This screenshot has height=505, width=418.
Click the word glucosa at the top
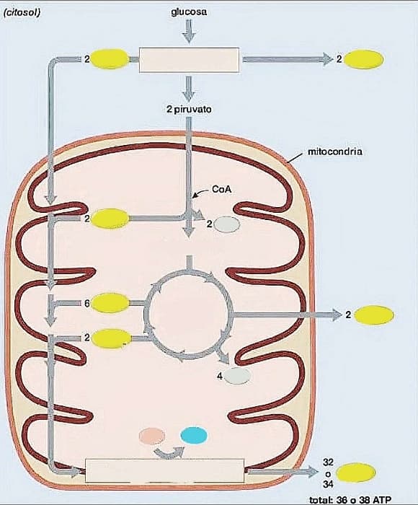pyautogui.click(x=189, y=12)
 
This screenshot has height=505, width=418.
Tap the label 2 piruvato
pyautogui.click(x=190, y=110)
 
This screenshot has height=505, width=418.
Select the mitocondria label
pyautogui.click(x=335, y=151)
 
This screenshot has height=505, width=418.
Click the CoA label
pyautogui.click(x=222, y=189)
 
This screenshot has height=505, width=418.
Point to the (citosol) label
pyautogui.click(x=22, y=13)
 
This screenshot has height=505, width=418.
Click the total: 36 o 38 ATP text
pyautogui.click(x=350, y=500)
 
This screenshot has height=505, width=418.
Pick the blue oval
pyautogui.click(x=194, y=435)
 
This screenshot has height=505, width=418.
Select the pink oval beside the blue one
pyautogui.click(x=152, y=436)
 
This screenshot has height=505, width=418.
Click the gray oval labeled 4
pyautogui.click(x=238, y=376)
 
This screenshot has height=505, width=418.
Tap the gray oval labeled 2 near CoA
pyautogui.click(x=227, y=224)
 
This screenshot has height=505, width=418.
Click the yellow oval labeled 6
pyautogui.click(x=110, y=303)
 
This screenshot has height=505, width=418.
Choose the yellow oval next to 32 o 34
pyautogui.click(x=356, y=473)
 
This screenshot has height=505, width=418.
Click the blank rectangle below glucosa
pyautogui.click(x=190, y=60)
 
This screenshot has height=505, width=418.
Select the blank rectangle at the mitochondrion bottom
pyautogui.click(x=165, y=470)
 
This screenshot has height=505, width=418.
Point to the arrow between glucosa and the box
pyautogui.click(x=190, y=31)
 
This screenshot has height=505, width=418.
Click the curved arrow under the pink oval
pyautogui.click(x=169, y=453)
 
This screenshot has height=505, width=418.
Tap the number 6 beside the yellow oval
pyautogui.click(x=87, y=303)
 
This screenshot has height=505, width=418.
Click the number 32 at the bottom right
pyautogui.click(x=328, y=462)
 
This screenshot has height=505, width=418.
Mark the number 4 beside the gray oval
pyautogui.click(x=220, y=376)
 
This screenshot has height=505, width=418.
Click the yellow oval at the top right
pyautogui.click(x=364, y=60)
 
